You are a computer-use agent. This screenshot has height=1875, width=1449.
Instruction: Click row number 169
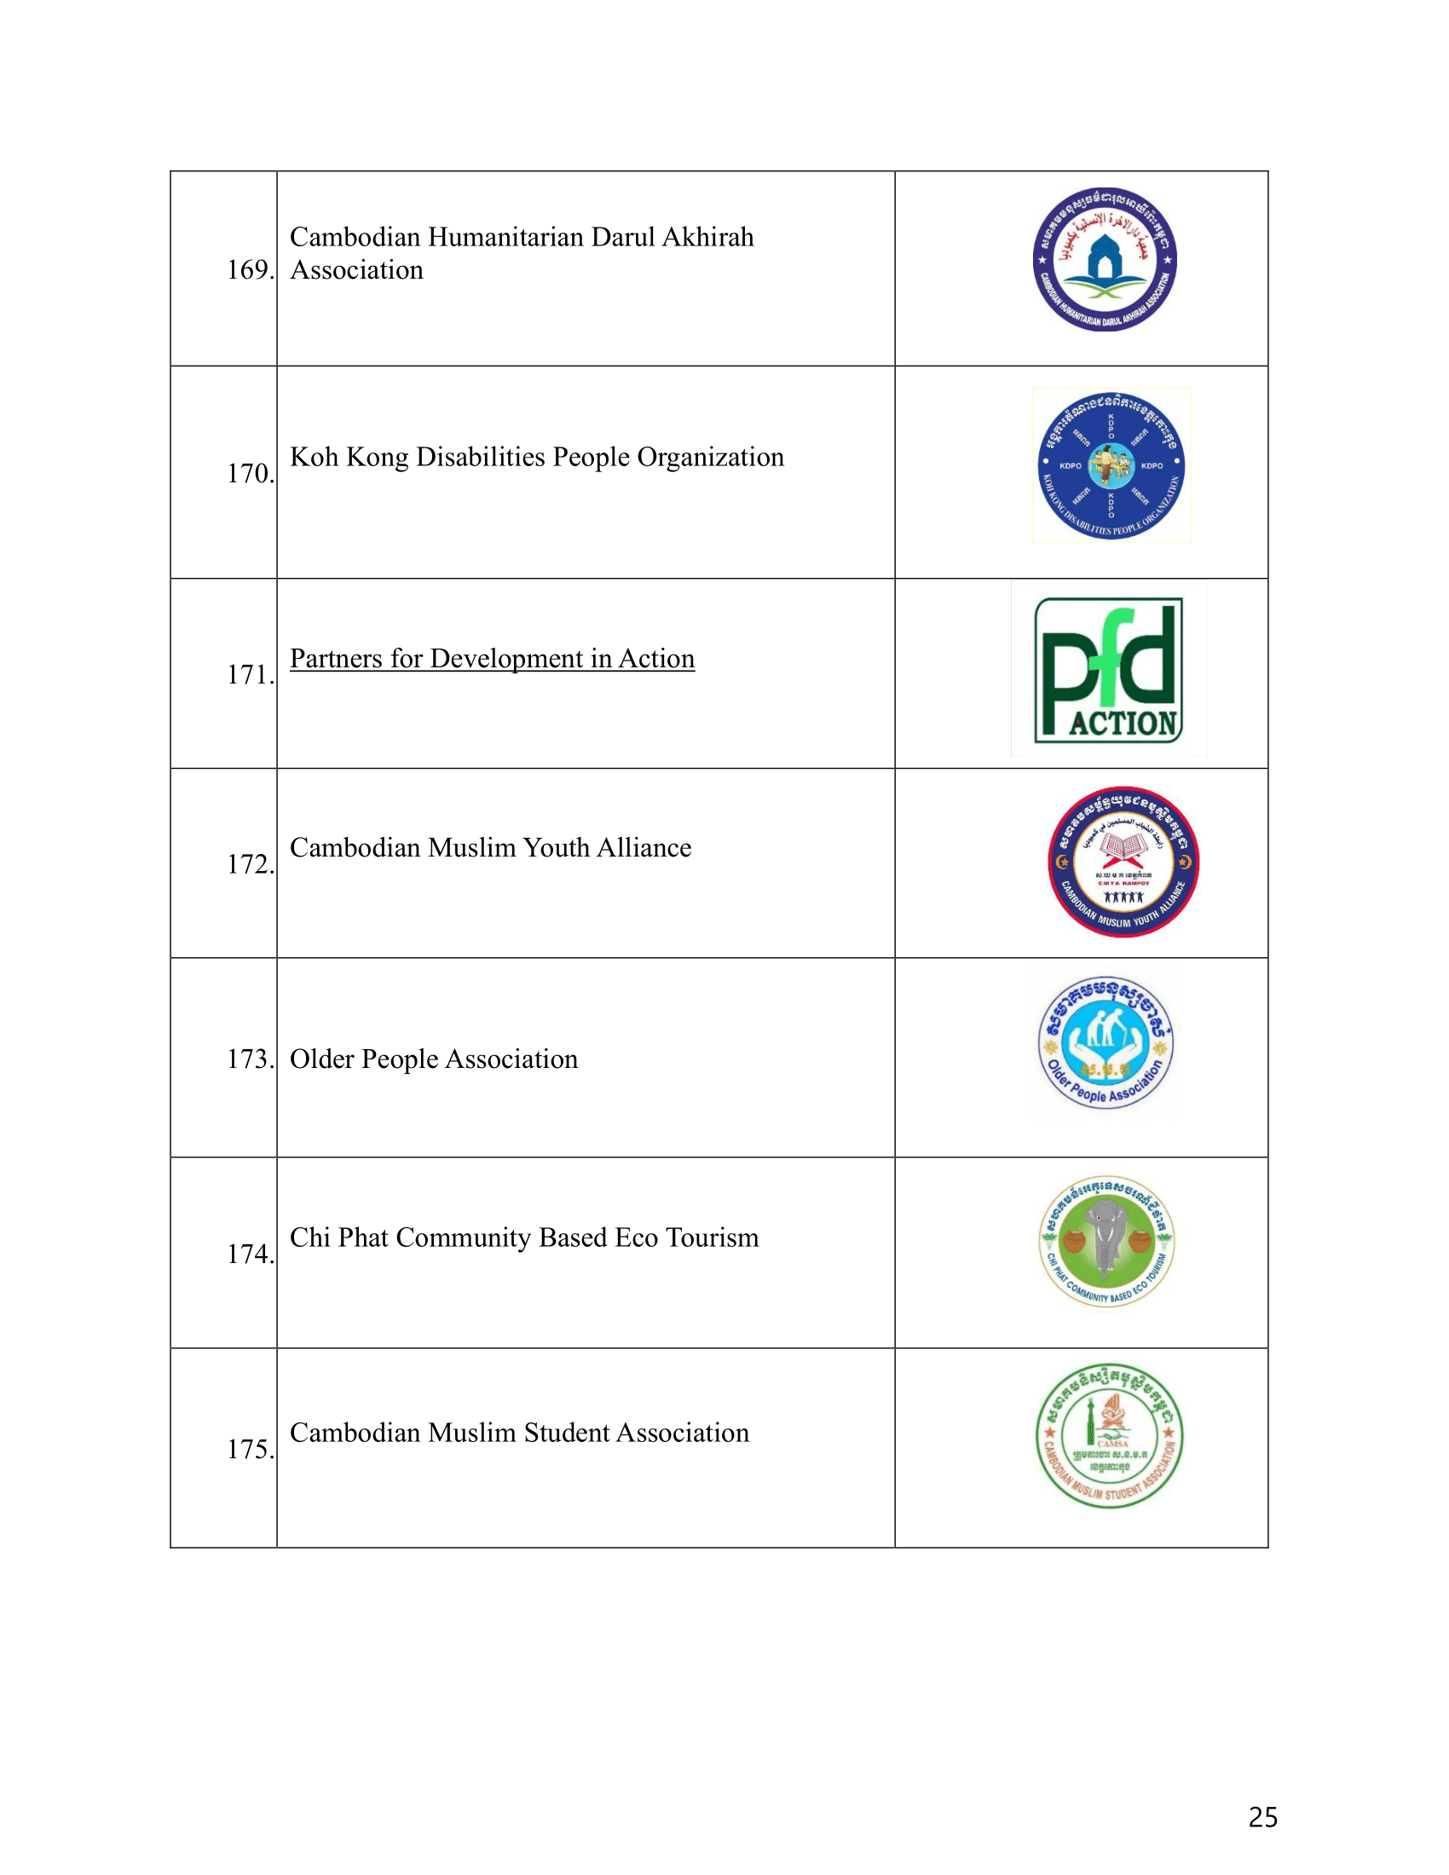coord(249,270)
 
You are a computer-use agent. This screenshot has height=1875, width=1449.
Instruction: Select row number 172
coord(249,863)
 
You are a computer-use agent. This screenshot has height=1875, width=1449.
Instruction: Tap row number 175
coord(249,1449)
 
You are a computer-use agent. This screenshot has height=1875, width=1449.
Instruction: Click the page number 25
coord(1261,1818)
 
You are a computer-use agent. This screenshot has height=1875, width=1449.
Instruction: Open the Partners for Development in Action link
coord(492,659)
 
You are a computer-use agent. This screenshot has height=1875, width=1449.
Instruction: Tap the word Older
coord(322,1059)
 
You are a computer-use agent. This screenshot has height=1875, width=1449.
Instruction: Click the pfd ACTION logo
coord(1108,670)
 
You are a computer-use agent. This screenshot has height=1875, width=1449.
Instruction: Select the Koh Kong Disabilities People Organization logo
coord(1111,464)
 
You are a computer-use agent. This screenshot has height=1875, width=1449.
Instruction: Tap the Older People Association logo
coord(1106,1043)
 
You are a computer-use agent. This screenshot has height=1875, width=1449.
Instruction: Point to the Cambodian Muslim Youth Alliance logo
coord(1123,861)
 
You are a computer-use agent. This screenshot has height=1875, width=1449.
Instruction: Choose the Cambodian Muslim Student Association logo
coord(1109,1436)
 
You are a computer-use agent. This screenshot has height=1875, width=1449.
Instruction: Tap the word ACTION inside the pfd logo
coord(1123,723)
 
